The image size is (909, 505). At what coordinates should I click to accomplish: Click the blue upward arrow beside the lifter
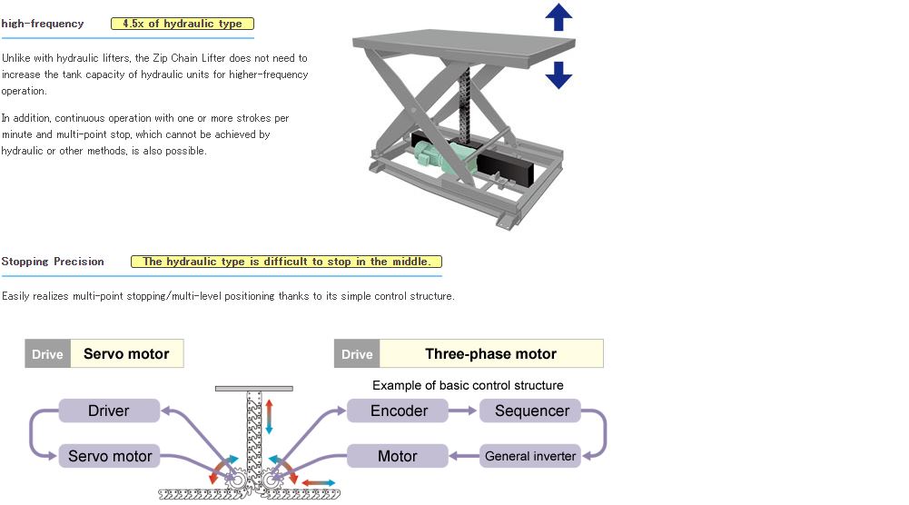(558, 17)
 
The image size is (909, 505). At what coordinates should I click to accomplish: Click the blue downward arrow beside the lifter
(558, 74)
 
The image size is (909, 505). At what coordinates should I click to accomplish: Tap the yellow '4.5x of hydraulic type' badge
(183, 24)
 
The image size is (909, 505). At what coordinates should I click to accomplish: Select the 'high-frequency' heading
(43, 24)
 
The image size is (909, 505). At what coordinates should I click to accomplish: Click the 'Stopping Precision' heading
(53, 262)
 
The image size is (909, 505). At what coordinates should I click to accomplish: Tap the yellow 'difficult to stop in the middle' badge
(286, 262)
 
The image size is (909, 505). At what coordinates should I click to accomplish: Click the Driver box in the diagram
(109, 411)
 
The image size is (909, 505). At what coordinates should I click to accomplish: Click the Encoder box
(399, 411)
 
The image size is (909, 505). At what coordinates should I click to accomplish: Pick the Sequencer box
(531, 411)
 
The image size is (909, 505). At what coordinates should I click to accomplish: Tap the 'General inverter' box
(530, 455)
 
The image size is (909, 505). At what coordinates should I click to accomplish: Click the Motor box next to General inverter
(398, 455)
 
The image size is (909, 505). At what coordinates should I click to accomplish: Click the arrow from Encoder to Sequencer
(464, 411)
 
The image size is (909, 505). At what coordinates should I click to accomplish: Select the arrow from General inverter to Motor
(464, 455)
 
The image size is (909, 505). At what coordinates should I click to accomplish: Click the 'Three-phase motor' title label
(490, 354)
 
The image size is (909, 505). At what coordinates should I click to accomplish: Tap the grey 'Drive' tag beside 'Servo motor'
(47, 354)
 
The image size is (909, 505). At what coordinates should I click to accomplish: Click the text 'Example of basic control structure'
(468, 385)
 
